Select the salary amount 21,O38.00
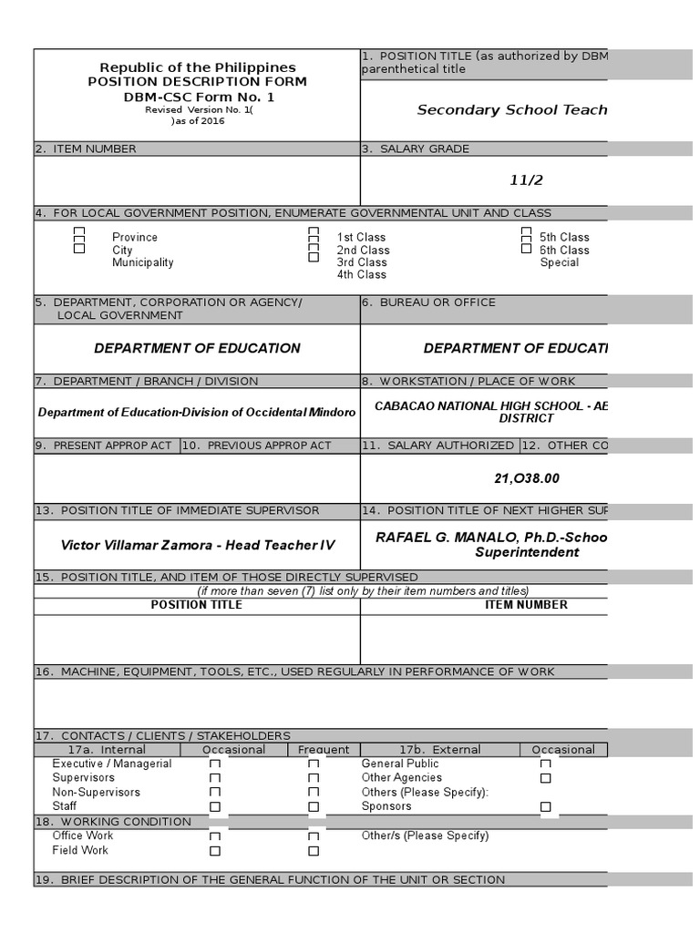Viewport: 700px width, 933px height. point(526,478)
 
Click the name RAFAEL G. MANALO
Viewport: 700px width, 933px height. point(436,538)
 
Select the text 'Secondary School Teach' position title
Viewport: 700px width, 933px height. point(511,110)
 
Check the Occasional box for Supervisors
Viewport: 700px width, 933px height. point(215,778)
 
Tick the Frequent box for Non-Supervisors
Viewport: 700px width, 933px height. point(314,793)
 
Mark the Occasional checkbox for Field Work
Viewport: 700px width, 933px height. point(215,851)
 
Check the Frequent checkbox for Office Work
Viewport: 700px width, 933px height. point(314,836)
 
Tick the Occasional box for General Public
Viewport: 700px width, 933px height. point(545,764)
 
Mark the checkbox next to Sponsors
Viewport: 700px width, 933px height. point(545,806)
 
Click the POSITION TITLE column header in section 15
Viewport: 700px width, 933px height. point(196,605)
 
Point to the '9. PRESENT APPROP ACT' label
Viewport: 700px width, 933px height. point(106,446)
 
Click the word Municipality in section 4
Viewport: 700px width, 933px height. point(142,262)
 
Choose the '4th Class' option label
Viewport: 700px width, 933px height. point(361,274)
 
